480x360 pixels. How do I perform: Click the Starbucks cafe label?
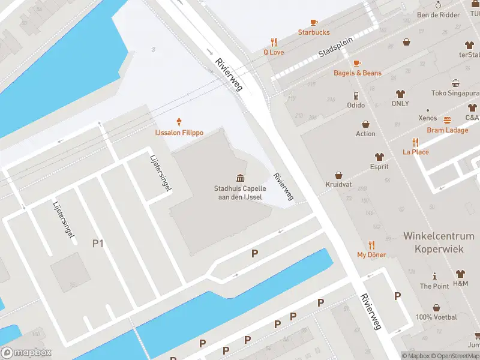314,32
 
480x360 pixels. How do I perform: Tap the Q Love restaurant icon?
274,41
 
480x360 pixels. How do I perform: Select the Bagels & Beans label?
357,73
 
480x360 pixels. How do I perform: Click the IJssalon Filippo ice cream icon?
179,122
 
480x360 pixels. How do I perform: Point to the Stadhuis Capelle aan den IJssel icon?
240,178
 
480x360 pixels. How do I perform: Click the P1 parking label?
98,243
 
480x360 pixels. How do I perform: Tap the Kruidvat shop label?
338,185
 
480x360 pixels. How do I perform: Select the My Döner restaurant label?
371,255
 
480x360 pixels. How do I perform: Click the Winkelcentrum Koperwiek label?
438,242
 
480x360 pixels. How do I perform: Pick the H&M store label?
460,283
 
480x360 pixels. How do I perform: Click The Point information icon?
434,276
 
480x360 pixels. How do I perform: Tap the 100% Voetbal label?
436,317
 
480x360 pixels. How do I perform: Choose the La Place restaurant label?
415,152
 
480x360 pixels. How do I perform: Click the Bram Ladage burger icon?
447,120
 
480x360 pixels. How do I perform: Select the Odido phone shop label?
355,106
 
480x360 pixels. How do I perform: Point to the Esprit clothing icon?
379,157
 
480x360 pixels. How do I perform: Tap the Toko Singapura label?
455,94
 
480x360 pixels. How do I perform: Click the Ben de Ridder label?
438,15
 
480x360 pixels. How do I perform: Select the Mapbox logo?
26,353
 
